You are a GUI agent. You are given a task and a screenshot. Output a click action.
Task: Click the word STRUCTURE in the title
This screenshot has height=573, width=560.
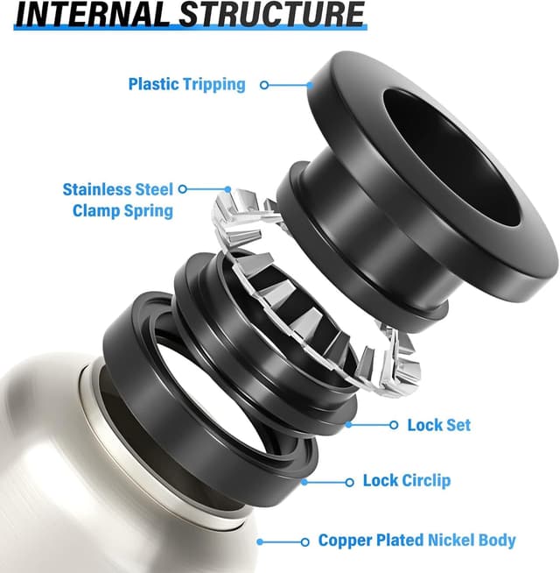[x=261, y=15]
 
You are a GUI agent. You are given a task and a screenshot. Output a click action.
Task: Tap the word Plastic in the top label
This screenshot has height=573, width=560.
[x=154, y=84]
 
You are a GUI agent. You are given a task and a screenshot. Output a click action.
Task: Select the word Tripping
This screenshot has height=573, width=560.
[x=214, y=84]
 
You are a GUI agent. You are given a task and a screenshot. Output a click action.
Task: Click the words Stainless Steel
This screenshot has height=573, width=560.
[x=118, y=189]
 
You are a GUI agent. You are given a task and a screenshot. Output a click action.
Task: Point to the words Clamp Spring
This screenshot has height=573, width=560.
[x=122, y=210]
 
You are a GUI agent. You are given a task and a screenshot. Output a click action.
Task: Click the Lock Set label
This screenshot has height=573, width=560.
[x=438, y=425]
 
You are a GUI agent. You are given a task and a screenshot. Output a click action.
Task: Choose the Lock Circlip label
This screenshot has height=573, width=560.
[x=407, y=481]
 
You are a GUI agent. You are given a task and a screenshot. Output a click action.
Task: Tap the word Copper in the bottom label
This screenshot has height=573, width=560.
[x=345, y=541]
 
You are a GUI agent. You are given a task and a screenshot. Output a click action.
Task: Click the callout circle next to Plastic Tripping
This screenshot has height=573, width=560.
[x=263, y=85]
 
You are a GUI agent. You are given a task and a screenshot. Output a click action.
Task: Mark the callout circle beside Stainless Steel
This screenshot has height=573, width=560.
[x=182, y=188]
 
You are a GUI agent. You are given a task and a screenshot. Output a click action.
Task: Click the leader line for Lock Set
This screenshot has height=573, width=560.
[x=372, y=425]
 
